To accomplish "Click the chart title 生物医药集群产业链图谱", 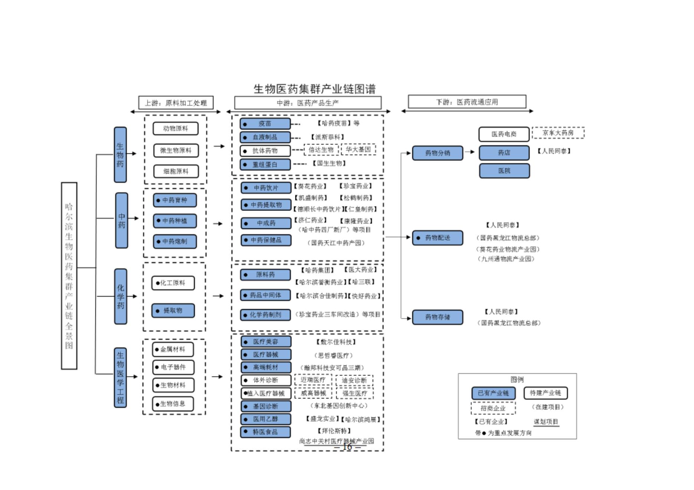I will tap(314, 89).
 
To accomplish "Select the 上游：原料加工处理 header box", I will tap(176, 103).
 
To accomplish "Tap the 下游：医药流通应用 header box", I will tap(467, 102).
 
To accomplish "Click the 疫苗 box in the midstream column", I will tap(265, 124).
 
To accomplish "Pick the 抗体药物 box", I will tap(265, 151).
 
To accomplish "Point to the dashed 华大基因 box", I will tap(358, 149).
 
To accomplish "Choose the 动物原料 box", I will tap(176, 129).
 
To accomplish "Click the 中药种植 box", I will tap(175, 221).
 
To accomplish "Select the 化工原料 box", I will tap(173, 283).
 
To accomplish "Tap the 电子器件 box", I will tap(173, 367).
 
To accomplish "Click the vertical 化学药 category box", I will tap(121, 297).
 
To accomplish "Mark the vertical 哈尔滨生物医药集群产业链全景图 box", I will tap(69, 276).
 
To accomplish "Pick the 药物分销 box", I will tap(438, 153).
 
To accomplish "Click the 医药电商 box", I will tap(504, 134).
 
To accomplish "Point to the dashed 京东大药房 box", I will tap(558, 133).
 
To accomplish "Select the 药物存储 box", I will tap(438, 317).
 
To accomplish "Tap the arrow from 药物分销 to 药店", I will tap(470, 152).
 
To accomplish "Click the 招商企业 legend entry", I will tap(493, 408).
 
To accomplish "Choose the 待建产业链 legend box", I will tap(545, 393).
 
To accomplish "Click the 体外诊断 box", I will tap(265, 380).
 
